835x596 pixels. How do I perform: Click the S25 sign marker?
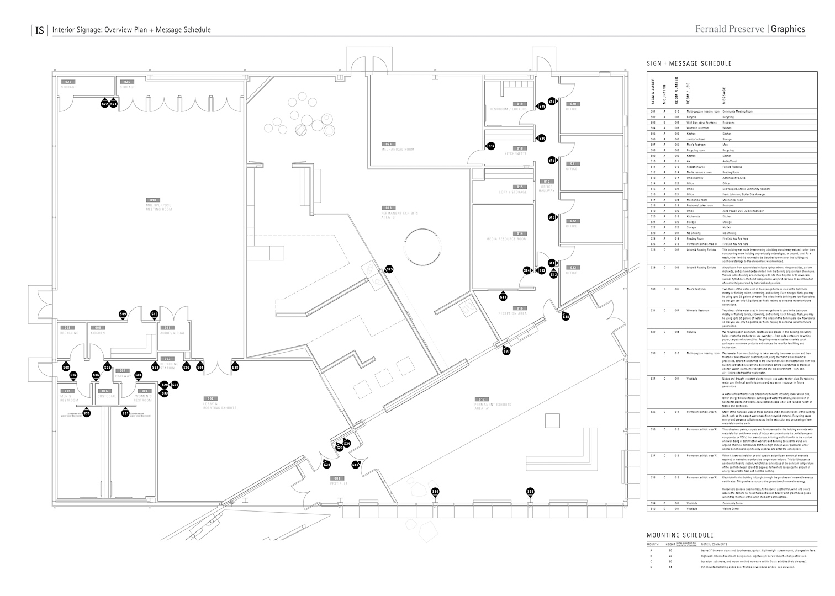pos(389,269)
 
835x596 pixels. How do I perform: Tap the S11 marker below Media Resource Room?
pos(503,297)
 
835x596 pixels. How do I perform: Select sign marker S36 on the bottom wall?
pos(435,492)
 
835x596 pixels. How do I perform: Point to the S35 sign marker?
pos(531,492)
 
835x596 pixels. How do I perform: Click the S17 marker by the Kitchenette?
pos(491,146)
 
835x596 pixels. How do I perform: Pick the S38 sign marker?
pos(566,317)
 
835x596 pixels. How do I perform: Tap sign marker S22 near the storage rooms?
pos(105,104)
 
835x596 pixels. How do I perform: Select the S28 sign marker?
pos(235,368)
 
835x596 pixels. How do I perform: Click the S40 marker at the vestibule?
pos(355,465)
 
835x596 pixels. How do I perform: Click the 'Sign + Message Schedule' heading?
pos(689,64)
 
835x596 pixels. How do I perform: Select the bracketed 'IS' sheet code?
pos(40,30)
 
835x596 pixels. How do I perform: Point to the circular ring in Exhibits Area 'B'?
pos(423,247)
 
